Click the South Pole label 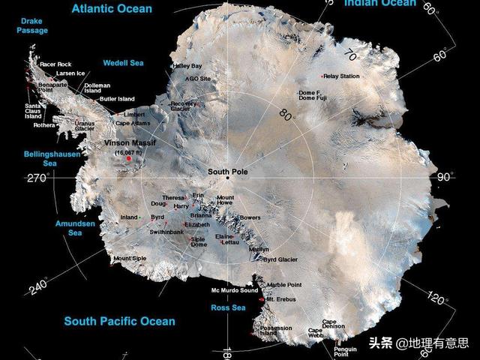(227, 172)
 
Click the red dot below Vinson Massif (129, 159)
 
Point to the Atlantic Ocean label (112, 9)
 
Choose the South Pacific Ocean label (119, 321)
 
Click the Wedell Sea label (123, 63)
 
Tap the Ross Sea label (228, 307)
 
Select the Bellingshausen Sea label (50, 157)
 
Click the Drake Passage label (34, 25)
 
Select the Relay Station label (342, 76)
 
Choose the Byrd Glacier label (280, 259)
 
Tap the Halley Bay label (187, 66)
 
